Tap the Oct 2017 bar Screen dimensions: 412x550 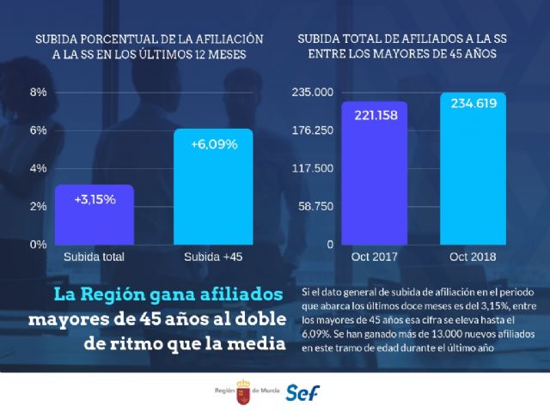tap(375, 173)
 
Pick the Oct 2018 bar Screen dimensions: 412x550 tap(474, 168)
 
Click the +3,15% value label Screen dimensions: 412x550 tap(95, 199)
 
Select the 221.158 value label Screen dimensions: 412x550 tap(375, 115)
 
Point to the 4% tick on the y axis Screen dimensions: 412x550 tap(39, 168)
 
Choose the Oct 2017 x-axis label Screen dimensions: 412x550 tap(375, 257)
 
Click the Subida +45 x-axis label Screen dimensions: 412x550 tap(213, 257)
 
